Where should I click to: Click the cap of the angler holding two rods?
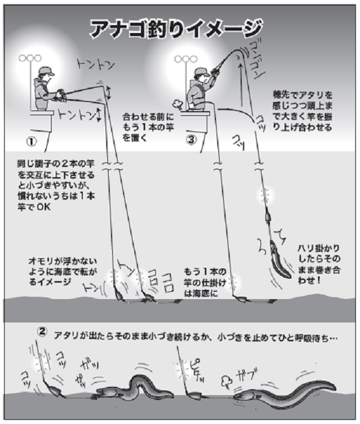pos(43,71)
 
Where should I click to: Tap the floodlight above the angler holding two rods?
pos(29,59)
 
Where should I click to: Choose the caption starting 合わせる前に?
pos(143,126)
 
